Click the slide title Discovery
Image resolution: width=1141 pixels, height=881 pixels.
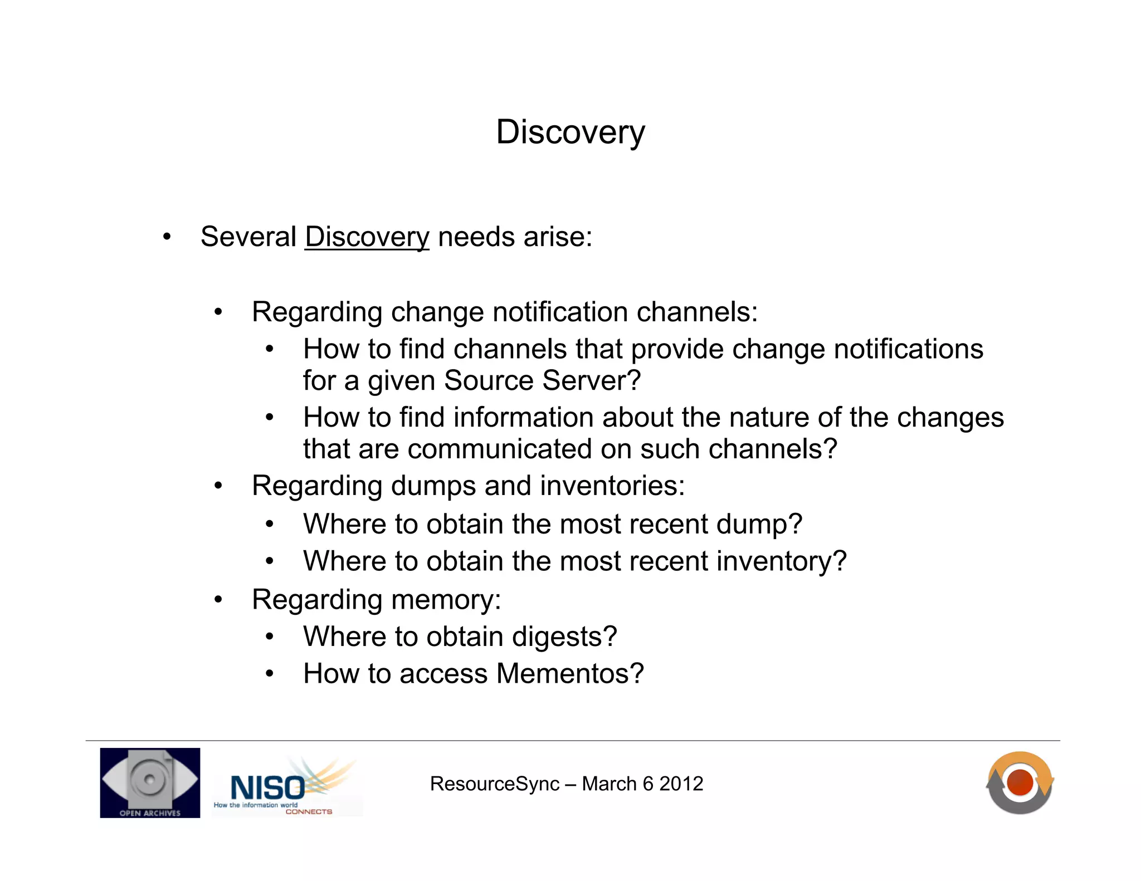pos(570,133)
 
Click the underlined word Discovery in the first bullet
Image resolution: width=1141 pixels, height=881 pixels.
pos(367,237)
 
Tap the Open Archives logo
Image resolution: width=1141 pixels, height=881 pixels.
pos(150,782)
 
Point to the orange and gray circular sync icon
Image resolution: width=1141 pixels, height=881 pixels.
pos(1020,782)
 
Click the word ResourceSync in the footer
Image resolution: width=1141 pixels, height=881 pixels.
pos(494,784)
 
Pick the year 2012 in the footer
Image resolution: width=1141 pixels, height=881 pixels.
pos(681,784)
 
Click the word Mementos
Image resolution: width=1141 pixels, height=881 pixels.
pos(569,674)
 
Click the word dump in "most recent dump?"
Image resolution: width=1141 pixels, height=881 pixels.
pos(758,525)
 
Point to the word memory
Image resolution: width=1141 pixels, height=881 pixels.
pos(445,600)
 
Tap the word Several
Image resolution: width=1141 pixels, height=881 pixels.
pos(248,237)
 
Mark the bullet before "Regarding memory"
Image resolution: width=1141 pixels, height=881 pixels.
pos(218,600)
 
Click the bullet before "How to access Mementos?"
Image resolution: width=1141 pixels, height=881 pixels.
pos(270,674)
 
